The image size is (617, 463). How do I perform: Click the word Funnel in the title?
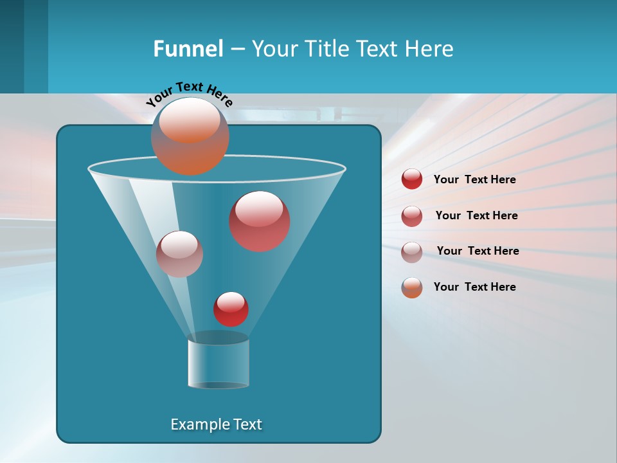click(x=188, y=49)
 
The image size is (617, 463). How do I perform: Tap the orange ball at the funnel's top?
click(x=190, y=136)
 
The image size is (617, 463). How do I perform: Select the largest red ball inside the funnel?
click(x=260, y=221)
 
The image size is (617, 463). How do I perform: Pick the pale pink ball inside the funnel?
click(x=179, y=254)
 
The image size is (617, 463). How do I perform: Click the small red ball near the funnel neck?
click(x=231, y=309)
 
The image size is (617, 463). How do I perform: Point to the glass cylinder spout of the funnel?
click(x=219, y=363)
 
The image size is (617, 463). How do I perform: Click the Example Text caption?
click(x=217, y=424)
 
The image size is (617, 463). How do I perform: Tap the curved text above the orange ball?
click(x=190, y=93)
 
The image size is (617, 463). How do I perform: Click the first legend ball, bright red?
click(x=412, y=179)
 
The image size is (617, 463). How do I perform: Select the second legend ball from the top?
click(x=412, y=215)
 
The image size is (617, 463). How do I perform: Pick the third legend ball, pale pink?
click(x=412, y=251)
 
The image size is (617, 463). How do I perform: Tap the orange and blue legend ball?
click(x=412, y=287)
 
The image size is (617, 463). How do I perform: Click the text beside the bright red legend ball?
click(x=474, y=179)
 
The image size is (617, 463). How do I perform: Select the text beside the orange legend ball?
click(x=474, y=287)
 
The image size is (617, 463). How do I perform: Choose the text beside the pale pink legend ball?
click(x=478, y=251)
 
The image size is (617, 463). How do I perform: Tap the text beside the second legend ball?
click(x=476, y=215)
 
